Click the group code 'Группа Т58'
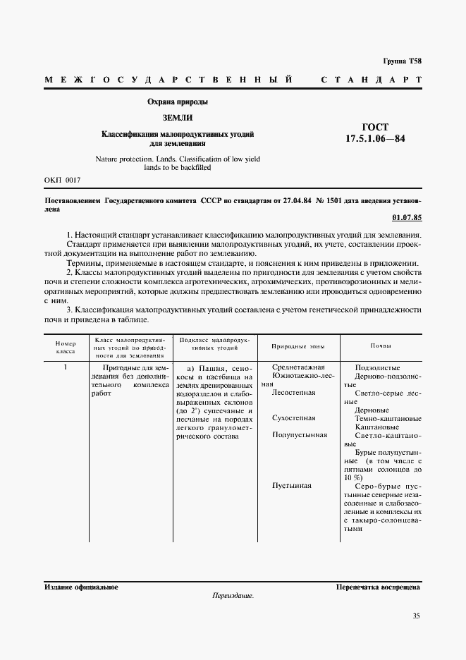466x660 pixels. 402,61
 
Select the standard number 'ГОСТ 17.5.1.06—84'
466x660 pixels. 375,133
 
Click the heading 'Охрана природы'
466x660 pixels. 177,102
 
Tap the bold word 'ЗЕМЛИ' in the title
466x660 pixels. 177,117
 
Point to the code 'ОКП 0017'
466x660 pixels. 63,181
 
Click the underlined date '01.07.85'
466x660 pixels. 406,217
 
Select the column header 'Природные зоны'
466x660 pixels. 295,346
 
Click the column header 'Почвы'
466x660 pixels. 381,346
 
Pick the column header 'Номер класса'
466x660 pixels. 66,346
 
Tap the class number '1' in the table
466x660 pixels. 66,367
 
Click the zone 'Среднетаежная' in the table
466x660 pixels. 298,367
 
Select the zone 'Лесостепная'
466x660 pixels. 293,392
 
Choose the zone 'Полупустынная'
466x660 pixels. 300,435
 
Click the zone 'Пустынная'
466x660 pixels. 291,486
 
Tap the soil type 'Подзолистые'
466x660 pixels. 379,367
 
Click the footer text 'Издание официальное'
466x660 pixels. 81,587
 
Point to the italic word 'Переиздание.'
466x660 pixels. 233,596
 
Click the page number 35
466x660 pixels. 416,616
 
